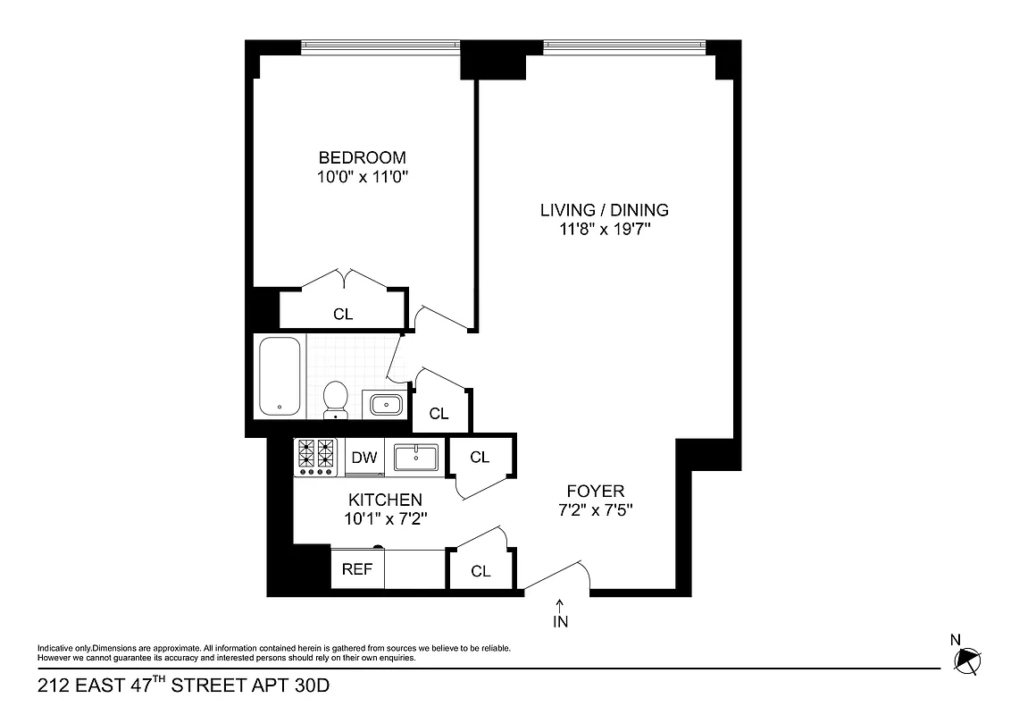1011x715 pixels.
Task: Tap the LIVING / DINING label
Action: pyautogui.click(x=604, y=210)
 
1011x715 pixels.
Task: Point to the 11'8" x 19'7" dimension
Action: pyautogui.click(x=604, y=230)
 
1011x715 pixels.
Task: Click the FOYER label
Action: pyautogui.click(x=595, y=491)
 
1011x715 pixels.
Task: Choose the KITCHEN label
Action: pyautogui.click(x=385, y=500)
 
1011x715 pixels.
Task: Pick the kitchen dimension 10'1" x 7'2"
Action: pyautogui.click(x=385, y=518)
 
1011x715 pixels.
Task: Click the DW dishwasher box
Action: pyautogui.click(x=363, y=458)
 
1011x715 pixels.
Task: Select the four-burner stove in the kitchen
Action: pyautogui.click(x=315, y=457)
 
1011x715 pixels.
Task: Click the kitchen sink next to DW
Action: pyautogui.click(x=416, y=458)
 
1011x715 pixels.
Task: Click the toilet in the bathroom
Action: pyautogui.click(x=335, y=399)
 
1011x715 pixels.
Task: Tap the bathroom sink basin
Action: pyautogui.click(x=386, y=405)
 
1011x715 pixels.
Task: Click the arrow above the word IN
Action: pyautogui.click(x=560, y=604)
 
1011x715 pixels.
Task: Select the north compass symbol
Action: pyautogui.click(x=967, y=660)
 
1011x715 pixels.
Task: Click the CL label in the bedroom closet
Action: pyautogui.click(x=343, y=315)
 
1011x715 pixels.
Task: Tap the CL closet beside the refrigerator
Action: pyautogui.click(x=480, y=571)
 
